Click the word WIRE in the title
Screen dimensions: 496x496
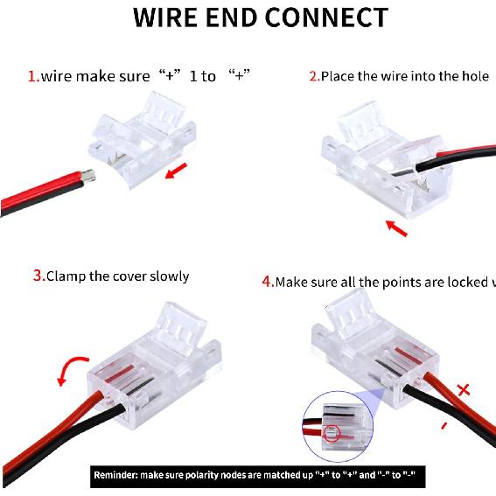point(168,17)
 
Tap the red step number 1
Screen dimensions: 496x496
point(32,77)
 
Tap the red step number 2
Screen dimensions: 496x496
point(313,76)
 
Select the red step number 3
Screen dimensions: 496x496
point(38,276)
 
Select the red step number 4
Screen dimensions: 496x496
point(268,282)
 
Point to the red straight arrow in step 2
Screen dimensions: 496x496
point(396,228)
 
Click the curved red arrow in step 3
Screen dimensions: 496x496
point(69,367)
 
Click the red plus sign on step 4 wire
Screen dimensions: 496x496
point(463,389)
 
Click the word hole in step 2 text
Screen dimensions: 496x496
point(472,76)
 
